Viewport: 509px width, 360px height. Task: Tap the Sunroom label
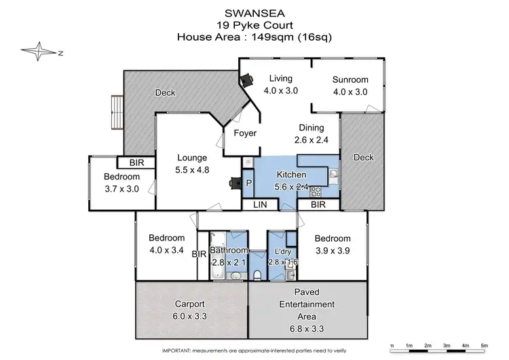(350, 79)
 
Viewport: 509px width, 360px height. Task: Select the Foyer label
(245, 133)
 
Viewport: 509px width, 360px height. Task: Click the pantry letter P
(248, 183)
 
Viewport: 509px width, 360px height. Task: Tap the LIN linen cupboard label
(260, 204)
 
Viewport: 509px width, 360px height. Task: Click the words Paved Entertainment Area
(309, 304)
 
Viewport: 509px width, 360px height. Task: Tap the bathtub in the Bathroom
(217, 255)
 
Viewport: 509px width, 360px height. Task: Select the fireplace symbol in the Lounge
(235, 183)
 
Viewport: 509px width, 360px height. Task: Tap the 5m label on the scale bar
(484, 346)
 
